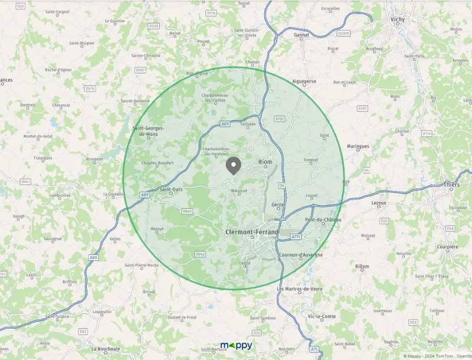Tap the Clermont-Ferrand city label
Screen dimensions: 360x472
click(x=252, y=233)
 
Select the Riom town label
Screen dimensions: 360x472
click(x=265, y=161)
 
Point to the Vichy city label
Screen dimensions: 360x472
click(x=398, y=19)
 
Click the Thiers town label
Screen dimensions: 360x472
click(x=451, y=185)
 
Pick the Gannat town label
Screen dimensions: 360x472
click(x=301, y=35)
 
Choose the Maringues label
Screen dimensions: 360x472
click(x=358, y=146)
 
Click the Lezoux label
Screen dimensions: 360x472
click(x=379, y=202)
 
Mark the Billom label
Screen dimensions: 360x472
click(x=362, y=267)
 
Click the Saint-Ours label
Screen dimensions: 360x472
click(x=171, y=189)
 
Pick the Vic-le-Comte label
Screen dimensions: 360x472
click(x=322, y=316)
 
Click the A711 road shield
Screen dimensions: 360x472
click(x=296, y=237)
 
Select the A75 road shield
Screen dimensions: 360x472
click(x=314, y=349)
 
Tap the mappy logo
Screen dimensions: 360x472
click(x=236, y=345)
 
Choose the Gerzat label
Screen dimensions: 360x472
click(x=278, y=204)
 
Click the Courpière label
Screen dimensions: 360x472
click(x=447, y=247)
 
